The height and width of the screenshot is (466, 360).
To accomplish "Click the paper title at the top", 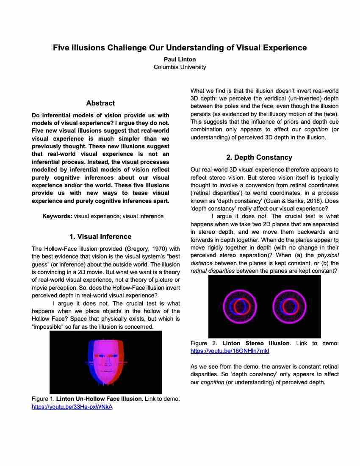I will pyautogui.click(x=180, y=47).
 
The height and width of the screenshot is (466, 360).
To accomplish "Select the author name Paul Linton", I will pyautogui.click(x=180, y=59).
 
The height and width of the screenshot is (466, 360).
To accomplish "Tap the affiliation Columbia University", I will pyautogui.click(x=180, y=67).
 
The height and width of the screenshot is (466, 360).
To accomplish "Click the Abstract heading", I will pyautogui.click(x=100, y=103).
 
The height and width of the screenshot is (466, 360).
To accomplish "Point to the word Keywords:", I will pyautogui.click(x=57, y=216).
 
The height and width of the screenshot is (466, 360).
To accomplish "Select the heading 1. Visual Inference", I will pyautogui.click(x=100, y=236).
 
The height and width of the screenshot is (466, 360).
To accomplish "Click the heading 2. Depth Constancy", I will pyautogui.click(x=259, y=157).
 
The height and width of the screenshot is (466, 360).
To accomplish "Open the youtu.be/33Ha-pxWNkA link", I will pyautogui.click(x=72, y=407).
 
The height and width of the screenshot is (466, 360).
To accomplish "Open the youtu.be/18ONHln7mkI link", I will pyautogui.click(x=230, y=351).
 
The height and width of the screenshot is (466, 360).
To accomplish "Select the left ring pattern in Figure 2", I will pyautogui.click(x=240, y=306).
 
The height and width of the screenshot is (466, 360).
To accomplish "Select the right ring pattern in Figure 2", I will pyautogui.click(x=289, y=306).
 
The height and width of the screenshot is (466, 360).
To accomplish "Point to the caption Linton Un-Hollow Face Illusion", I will pyautogui.click(x=99, y=399).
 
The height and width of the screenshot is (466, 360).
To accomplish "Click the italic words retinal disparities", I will pyautogui.click(x=212, y=271).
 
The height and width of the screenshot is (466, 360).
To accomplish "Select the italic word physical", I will pyautogui.click(x=328, y=255).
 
